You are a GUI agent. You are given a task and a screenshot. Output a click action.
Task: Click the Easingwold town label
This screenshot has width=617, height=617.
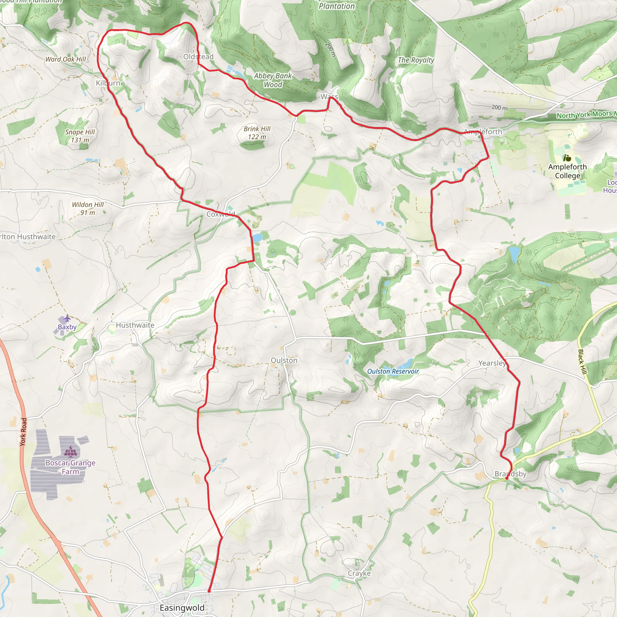coord(182,608)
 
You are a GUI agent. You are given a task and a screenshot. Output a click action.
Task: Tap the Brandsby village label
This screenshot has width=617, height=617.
coord(510,474)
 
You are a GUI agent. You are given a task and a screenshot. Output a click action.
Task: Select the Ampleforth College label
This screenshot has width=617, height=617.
coord(568,171)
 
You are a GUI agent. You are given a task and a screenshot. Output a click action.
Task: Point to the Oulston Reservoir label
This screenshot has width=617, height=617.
coord(393,371)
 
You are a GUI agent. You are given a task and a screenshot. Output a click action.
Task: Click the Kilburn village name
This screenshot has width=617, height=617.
coord(108,83)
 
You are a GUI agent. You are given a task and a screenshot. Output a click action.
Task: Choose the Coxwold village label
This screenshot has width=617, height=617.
coord(221,214)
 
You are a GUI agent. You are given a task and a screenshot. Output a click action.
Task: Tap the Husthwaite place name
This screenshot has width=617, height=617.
coord(135,325)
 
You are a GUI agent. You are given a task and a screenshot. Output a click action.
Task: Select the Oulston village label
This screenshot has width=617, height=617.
coord(284,360)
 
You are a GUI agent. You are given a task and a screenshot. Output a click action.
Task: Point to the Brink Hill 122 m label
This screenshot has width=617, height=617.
coord(257,133)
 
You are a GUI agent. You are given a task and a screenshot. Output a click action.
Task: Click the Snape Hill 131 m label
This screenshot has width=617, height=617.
coord(80,136)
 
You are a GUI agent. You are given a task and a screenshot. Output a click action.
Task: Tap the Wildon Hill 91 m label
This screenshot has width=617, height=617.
coord(88,208)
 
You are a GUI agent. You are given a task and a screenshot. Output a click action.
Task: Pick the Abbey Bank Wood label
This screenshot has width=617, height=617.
coord(273,80)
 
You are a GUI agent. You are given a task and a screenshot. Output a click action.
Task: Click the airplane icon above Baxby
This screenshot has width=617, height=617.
coord(67,318)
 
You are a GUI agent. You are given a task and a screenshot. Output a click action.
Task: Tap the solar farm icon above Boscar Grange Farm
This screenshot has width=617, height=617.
coord(70,451)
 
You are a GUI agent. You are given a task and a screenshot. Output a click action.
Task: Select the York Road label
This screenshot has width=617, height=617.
coord(23,432)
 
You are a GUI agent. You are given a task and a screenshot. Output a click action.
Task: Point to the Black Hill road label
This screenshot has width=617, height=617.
coord(583,362)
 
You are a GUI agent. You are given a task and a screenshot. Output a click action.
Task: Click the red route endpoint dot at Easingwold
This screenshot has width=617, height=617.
coord(209,591)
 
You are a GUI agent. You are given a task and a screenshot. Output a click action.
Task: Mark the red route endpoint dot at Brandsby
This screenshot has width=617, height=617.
coord(507,478)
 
